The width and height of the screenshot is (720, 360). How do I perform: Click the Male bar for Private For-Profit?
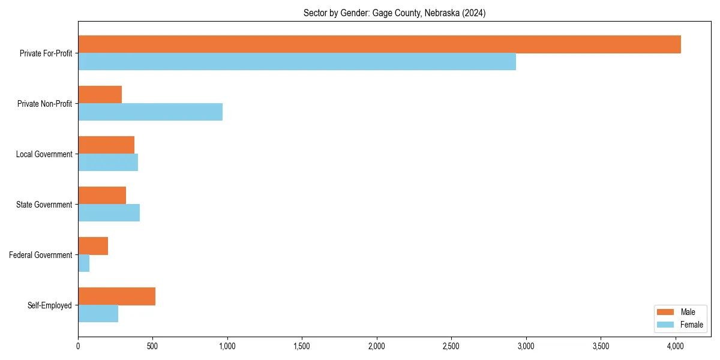pos(379,44)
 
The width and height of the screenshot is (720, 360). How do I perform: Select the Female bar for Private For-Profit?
pos(297,62)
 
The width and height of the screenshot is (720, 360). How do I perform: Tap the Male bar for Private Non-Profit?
pos(100,95)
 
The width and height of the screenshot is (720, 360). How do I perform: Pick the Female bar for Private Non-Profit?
pos(150,112)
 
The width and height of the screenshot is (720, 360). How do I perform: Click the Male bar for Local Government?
pos(106,145)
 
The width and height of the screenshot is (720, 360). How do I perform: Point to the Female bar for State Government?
pos(109,213)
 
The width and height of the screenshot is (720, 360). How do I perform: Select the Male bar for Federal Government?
pos(93,246)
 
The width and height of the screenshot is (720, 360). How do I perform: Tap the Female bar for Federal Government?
pos(83,263)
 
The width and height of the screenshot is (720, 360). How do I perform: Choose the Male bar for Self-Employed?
pos(116,296)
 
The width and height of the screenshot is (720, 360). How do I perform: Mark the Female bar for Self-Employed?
pos(98,314)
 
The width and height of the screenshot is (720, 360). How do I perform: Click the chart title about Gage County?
pos(394,13)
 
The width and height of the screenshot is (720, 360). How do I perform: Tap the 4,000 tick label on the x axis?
pos(676,346)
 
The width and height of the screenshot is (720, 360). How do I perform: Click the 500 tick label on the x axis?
pos(152,346)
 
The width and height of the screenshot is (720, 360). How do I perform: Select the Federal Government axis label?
pos(41,255)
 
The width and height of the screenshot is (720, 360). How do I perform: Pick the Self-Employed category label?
pos(50,305)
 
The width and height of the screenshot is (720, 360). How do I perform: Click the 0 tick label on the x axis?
pos(78,346)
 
